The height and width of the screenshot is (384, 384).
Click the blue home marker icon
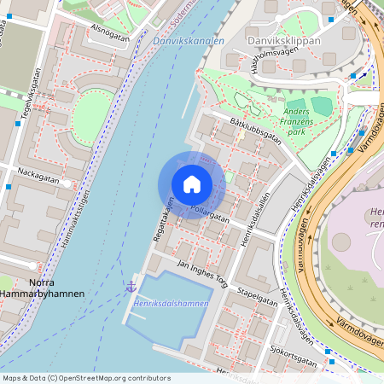pos(192,184)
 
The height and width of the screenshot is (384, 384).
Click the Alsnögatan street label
pos(108,38)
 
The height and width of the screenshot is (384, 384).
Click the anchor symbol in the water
pos(131,287)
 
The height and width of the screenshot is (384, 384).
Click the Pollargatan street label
pos(209,212)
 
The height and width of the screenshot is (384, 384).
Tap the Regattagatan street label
pos(162,218)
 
